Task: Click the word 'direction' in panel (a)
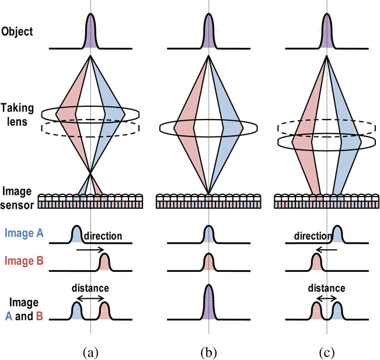point(103,237)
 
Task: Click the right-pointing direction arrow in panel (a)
point(90,249)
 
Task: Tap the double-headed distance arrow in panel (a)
point(90,298)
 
